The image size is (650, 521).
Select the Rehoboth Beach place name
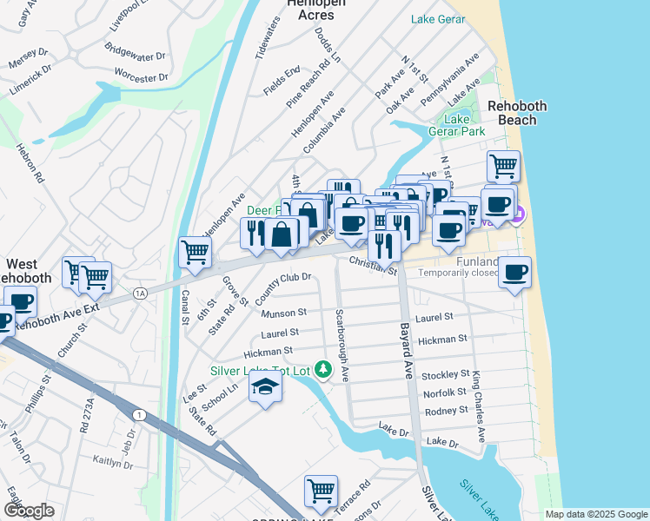click(517, 113)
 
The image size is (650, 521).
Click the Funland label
click(474, 262)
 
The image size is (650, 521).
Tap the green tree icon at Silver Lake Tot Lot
click(323, 371)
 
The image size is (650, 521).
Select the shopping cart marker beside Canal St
click(195, 253)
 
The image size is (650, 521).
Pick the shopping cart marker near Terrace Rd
click(321, 491)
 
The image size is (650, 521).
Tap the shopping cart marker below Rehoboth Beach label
click(503, 165)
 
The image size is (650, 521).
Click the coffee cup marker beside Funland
click(514, 273)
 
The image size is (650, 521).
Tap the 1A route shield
click(140, 293)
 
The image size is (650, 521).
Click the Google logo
click(29, 511)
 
